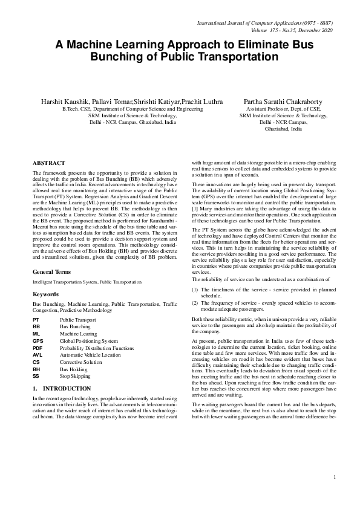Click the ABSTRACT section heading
(48, 163)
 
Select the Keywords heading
(46, 294)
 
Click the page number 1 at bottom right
(335, 494)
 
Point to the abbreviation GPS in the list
(38, 341)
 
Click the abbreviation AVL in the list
(38, 355)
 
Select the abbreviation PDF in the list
(38, 348)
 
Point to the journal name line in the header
(266, 23)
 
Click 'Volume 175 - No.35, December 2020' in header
(292, 30)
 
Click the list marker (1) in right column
(195, 291)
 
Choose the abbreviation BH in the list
(37, 369)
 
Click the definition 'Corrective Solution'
(81, 361)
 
